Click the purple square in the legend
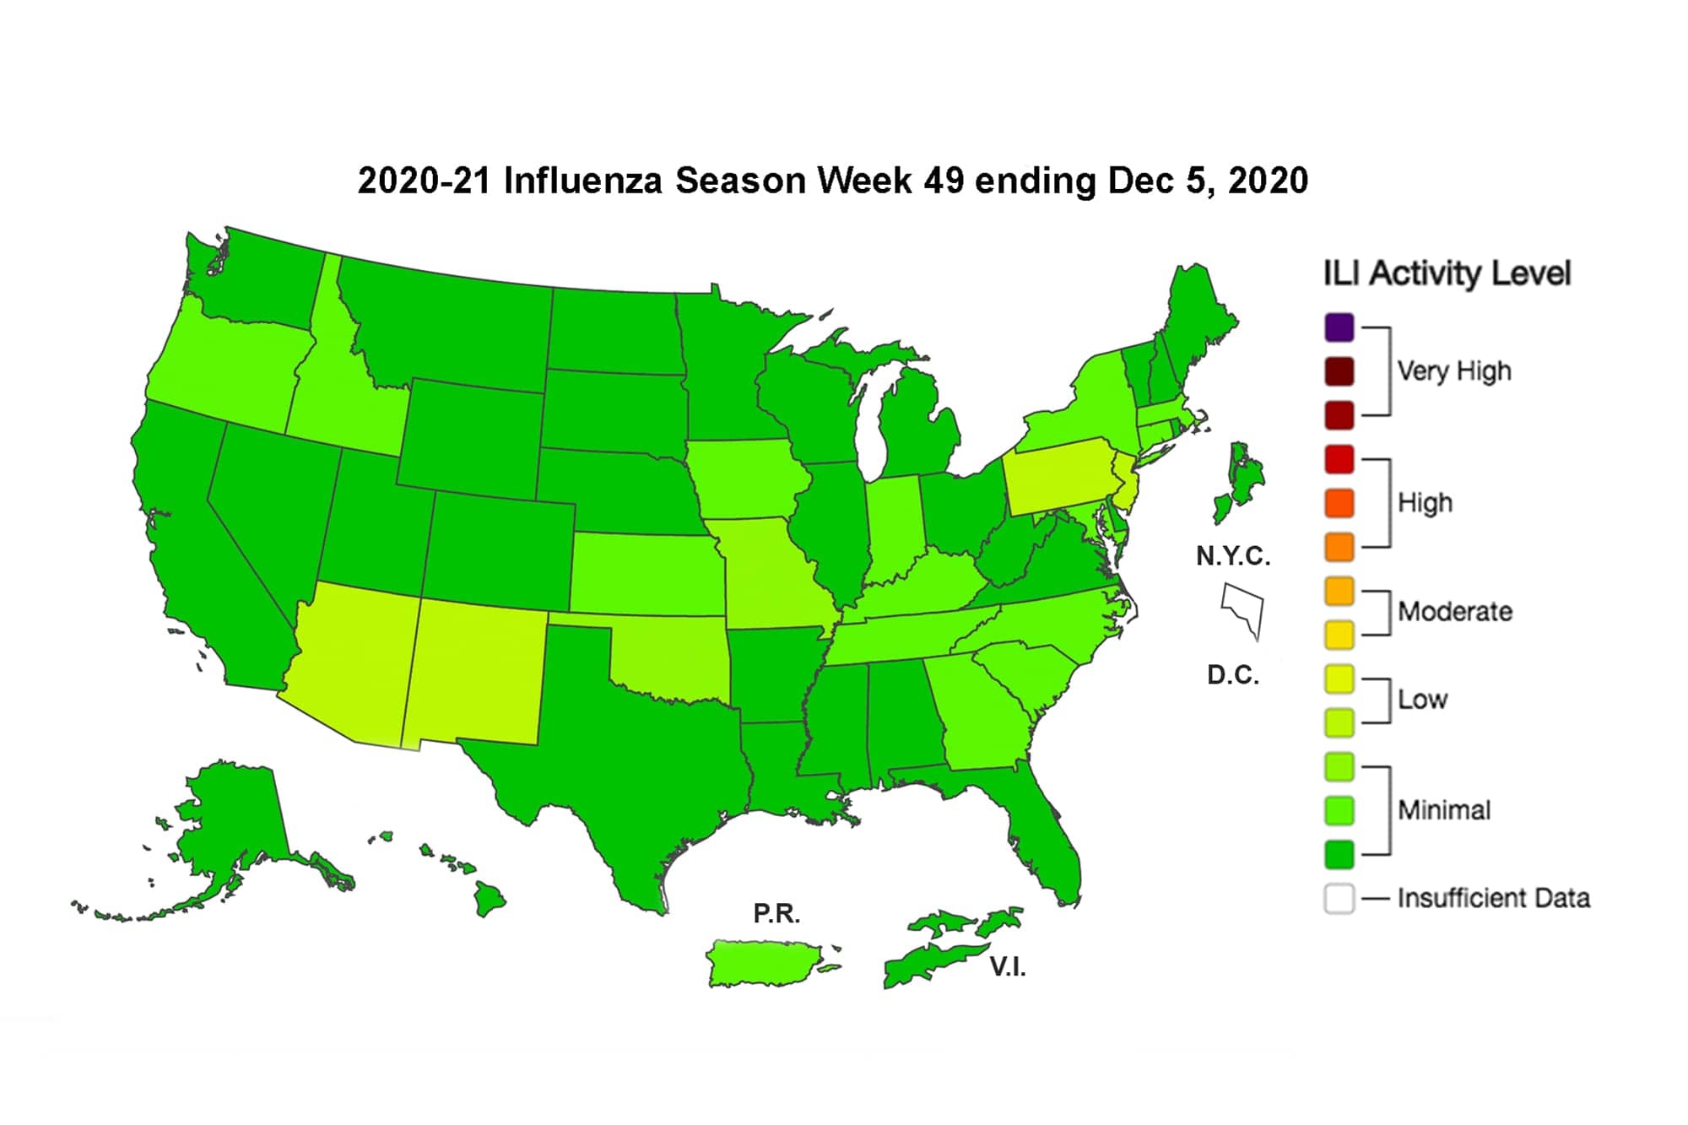coord(1339,327)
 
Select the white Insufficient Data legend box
coord(1339,898)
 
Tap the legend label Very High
coord(1453,370)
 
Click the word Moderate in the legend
coord(1454,611)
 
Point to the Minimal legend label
coord(1443,810)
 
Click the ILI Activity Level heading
coord(1446,273)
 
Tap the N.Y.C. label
coord(1232,556)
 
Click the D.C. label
coord(1232,675)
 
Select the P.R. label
coord(776,913)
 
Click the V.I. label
coord(1007,967)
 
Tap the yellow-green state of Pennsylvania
coord(1059,477)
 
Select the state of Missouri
coord(772,574)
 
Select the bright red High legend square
coord(1339,460)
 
